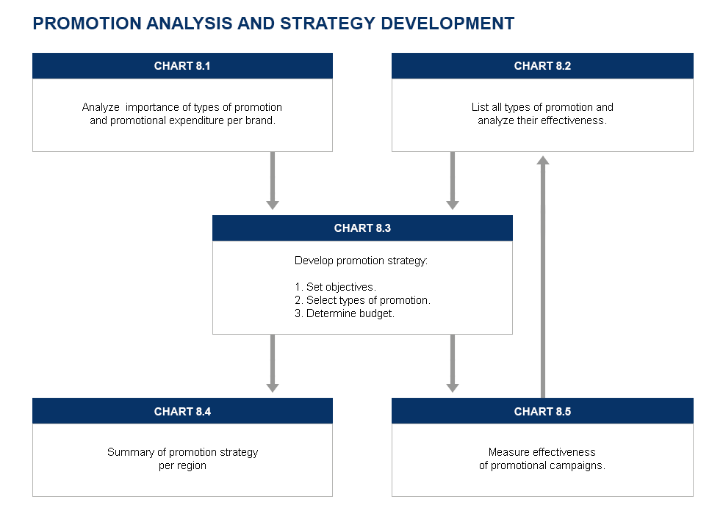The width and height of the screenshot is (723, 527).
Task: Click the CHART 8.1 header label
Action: (182, 66)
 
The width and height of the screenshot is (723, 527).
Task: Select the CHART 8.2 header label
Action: (542, 66)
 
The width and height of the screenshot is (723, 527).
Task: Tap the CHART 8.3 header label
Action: (362, 228)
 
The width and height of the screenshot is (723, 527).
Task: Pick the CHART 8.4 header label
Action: (182, 411)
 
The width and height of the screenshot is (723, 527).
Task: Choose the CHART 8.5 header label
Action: (542, 411)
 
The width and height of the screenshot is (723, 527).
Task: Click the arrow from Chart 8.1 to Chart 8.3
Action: (273, 181)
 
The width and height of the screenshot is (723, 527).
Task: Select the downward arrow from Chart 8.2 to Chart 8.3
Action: (453, 181)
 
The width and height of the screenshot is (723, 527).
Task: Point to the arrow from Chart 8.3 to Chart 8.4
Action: (273, 363)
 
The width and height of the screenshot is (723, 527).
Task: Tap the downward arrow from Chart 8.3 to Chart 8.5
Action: (453, 363)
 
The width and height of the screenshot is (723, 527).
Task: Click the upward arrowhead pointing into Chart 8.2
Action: (543, 160)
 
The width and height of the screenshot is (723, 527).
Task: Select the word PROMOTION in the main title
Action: (87, 23)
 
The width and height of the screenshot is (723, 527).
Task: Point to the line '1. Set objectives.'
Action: (335, 287)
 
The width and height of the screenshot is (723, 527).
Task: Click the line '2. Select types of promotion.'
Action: (362, 300)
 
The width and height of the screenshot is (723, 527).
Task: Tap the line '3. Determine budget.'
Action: (345, 313)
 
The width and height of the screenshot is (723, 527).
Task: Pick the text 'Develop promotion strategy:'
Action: (361, 261)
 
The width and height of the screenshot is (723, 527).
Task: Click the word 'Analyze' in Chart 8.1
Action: (101, 107)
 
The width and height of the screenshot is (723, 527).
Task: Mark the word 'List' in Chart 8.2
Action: (480, 107)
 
